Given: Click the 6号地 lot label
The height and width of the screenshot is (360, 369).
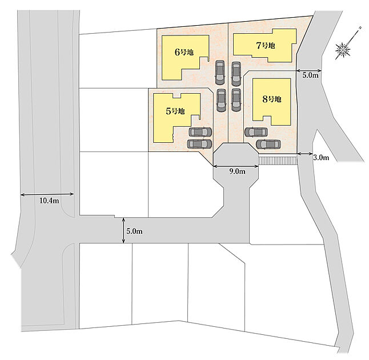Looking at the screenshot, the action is point(184,52).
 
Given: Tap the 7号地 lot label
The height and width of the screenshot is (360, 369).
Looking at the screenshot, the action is point(266,45).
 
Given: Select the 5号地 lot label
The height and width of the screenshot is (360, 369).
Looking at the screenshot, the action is point(175,111).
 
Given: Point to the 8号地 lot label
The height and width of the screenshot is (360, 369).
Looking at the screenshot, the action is point(272,99).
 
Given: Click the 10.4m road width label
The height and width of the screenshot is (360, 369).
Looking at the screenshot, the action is point(49,201).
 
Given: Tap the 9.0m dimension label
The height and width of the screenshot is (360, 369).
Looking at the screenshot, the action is point(237,171).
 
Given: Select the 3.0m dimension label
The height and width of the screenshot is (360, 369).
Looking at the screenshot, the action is point(321,158).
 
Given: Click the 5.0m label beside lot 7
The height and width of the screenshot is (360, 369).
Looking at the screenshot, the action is point(310,75).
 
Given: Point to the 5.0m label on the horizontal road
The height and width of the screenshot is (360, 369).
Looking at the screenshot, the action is point(134,231).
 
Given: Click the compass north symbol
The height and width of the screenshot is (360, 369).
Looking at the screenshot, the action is point(343,50).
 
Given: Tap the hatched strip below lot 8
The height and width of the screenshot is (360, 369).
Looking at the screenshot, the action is point(278,159).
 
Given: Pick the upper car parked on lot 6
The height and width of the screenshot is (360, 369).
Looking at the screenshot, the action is point(220,72).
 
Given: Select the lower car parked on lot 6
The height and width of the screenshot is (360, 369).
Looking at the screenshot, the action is point(220,101).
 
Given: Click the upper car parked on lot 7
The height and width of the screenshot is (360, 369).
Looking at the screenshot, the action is point(236,74).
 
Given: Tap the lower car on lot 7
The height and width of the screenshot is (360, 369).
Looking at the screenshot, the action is point(236,100).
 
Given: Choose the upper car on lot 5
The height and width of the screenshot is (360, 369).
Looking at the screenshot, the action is point(200,132).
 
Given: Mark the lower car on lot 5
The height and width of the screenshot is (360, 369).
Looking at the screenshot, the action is point(199,144).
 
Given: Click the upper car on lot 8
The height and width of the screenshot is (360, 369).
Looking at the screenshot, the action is point(256,132).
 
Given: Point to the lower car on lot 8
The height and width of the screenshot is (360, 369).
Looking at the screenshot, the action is point(268,145).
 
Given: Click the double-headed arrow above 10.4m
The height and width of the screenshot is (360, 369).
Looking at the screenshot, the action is point(47,194).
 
